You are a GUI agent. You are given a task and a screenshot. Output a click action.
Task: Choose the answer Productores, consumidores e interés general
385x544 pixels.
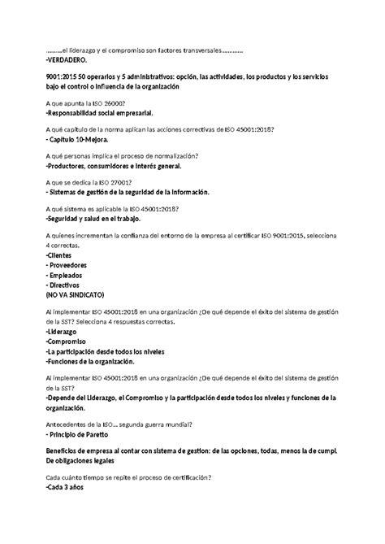click(115, 166)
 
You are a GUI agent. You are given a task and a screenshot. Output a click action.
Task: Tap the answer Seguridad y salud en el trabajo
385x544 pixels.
click(95, 220)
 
